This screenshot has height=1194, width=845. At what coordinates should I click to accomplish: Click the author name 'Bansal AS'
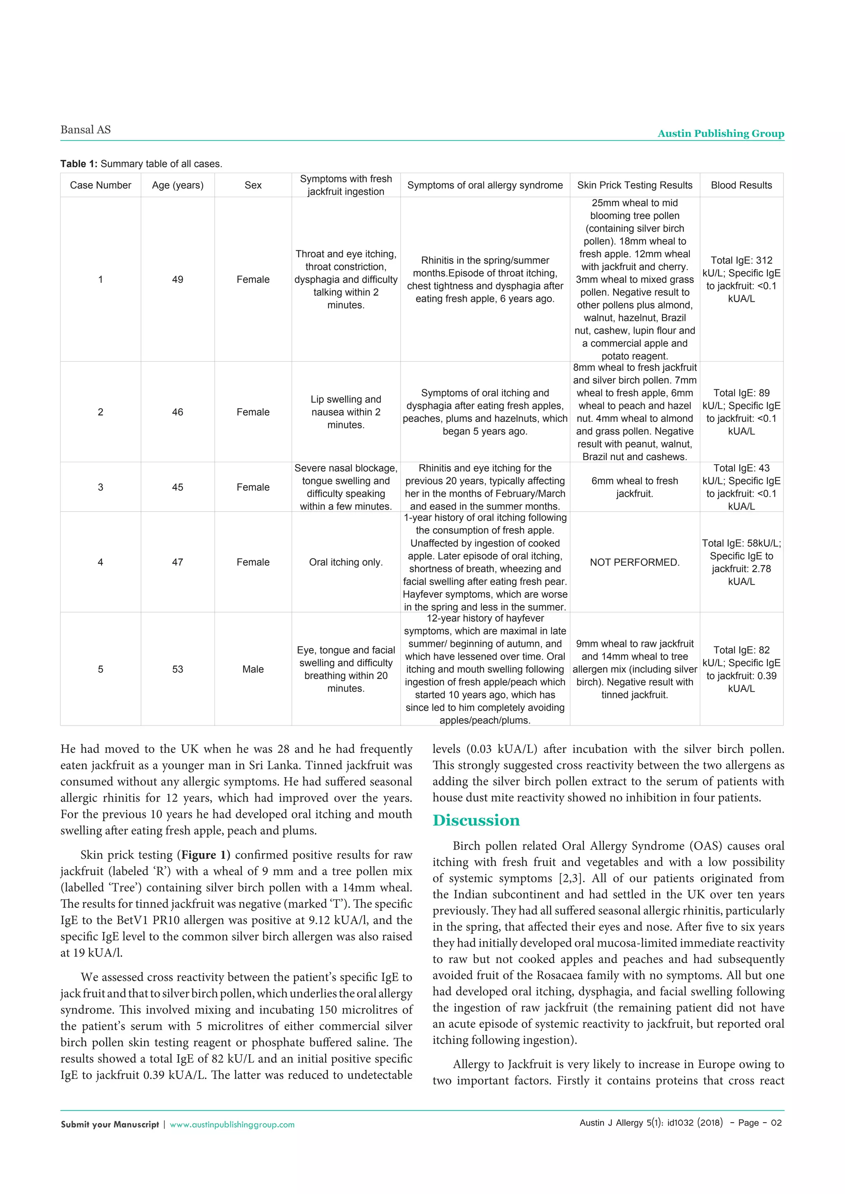tap(85, 130)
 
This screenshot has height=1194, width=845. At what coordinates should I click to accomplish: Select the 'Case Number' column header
tap(100, 185)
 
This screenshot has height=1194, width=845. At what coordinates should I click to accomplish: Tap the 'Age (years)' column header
tap(177, 185)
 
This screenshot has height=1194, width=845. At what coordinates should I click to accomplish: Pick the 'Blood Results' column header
tap(741, 185)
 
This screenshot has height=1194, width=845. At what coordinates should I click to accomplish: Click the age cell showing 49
tap(177, 279)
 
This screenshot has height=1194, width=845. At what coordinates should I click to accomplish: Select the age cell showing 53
tap(177, 669)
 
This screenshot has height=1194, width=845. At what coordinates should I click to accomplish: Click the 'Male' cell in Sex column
tap(253, 669)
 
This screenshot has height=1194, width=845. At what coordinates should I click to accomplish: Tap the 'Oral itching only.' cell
tap(345, 562)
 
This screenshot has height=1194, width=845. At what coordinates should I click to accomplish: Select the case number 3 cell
tap(100, 487)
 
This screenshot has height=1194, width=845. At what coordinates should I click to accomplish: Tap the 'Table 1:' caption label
tap(78, 164)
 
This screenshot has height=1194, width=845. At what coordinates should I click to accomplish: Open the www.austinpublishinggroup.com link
tap(232, 1124)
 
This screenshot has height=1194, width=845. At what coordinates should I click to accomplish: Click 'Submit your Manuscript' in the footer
tap(110, 1124)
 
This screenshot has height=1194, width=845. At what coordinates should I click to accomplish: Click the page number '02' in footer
tap(776, 1123)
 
